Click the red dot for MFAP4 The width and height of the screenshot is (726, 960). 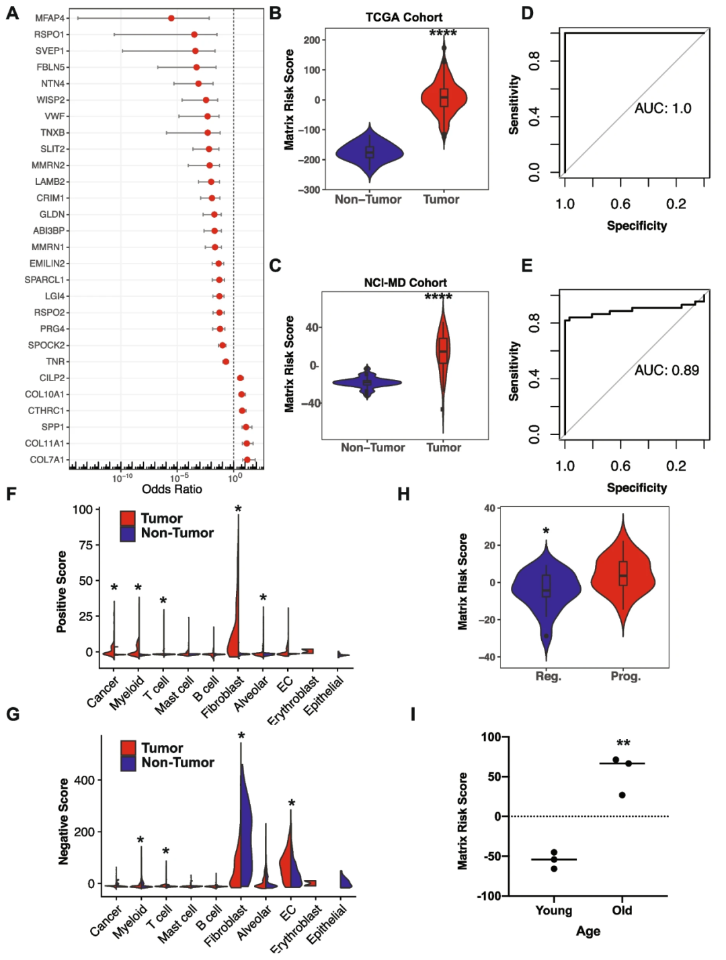[171, 18]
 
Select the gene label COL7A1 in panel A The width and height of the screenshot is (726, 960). [47, 460]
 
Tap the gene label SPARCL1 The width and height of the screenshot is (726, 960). [44, 280]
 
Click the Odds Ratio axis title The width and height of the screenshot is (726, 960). [171, 489]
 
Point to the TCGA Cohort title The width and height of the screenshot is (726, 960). [404, 17]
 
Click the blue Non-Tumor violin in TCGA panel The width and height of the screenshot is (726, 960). [369, 153]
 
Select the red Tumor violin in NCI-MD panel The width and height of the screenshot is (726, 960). [442, 350]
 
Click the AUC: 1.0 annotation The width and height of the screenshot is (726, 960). [662, 109]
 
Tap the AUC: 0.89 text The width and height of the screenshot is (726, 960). [666, 370]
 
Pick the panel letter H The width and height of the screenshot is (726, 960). [403, 494]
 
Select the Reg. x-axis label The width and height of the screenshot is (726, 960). [548, 676]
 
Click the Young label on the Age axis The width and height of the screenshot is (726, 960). [553, 910]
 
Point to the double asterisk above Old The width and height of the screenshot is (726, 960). [623, 744]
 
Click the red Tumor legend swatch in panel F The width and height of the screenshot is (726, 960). [128, 518]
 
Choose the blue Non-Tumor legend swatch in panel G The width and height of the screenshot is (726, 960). [128, 763]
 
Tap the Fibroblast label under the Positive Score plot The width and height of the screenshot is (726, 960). [224, 696]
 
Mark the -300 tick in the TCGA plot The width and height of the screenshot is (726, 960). [310, 190]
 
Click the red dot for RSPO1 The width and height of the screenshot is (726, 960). [194, 34]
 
